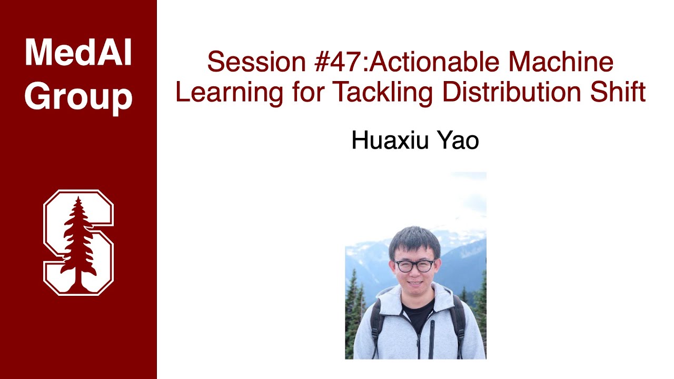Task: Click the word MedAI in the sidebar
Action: coord(78,53)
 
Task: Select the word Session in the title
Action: coord(256,62)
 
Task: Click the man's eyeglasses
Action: coord(414,266)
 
